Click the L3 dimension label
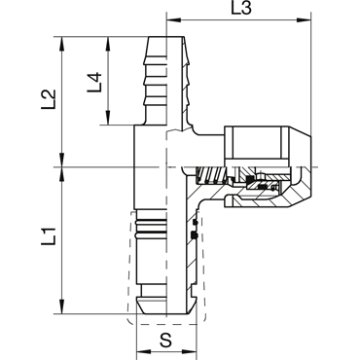pyautogui.click(x=241, y=9)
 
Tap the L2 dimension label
pyautogui.click(x=49, y=99)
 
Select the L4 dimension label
pyautogui.click(x=94, y=83)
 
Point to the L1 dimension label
pyautogui.click(x=49, y=235)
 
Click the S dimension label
pyautogui.click(x=166, y=341)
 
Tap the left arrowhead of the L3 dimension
pyautogui.click(x=172, y=20)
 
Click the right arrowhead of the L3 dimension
pyautogui.click(x=305, y=20)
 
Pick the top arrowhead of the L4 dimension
pyautogui.click(x=107, y=43)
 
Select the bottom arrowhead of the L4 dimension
pyautogui.click(x=107, y=118)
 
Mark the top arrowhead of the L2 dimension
pyautogui.click(x=61, y=43)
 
